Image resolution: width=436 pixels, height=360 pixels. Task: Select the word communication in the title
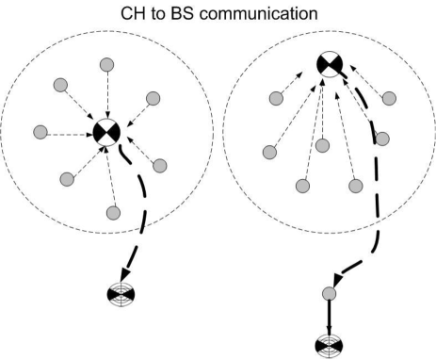pos(266,14)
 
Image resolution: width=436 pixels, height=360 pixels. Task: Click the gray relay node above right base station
pos(329,294)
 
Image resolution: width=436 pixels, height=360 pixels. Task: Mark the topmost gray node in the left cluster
pos(106,64)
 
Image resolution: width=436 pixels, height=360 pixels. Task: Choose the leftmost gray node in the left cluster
pos(39,131)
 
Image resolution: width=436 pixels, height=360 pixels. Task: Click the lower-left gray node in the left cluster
pos(66,178)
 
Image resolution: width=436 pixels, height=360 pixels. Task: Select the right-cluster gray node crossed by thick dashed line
pos(383,139)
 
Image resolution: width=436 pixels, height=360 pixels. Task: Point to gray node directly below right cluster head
pos(322,145)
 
